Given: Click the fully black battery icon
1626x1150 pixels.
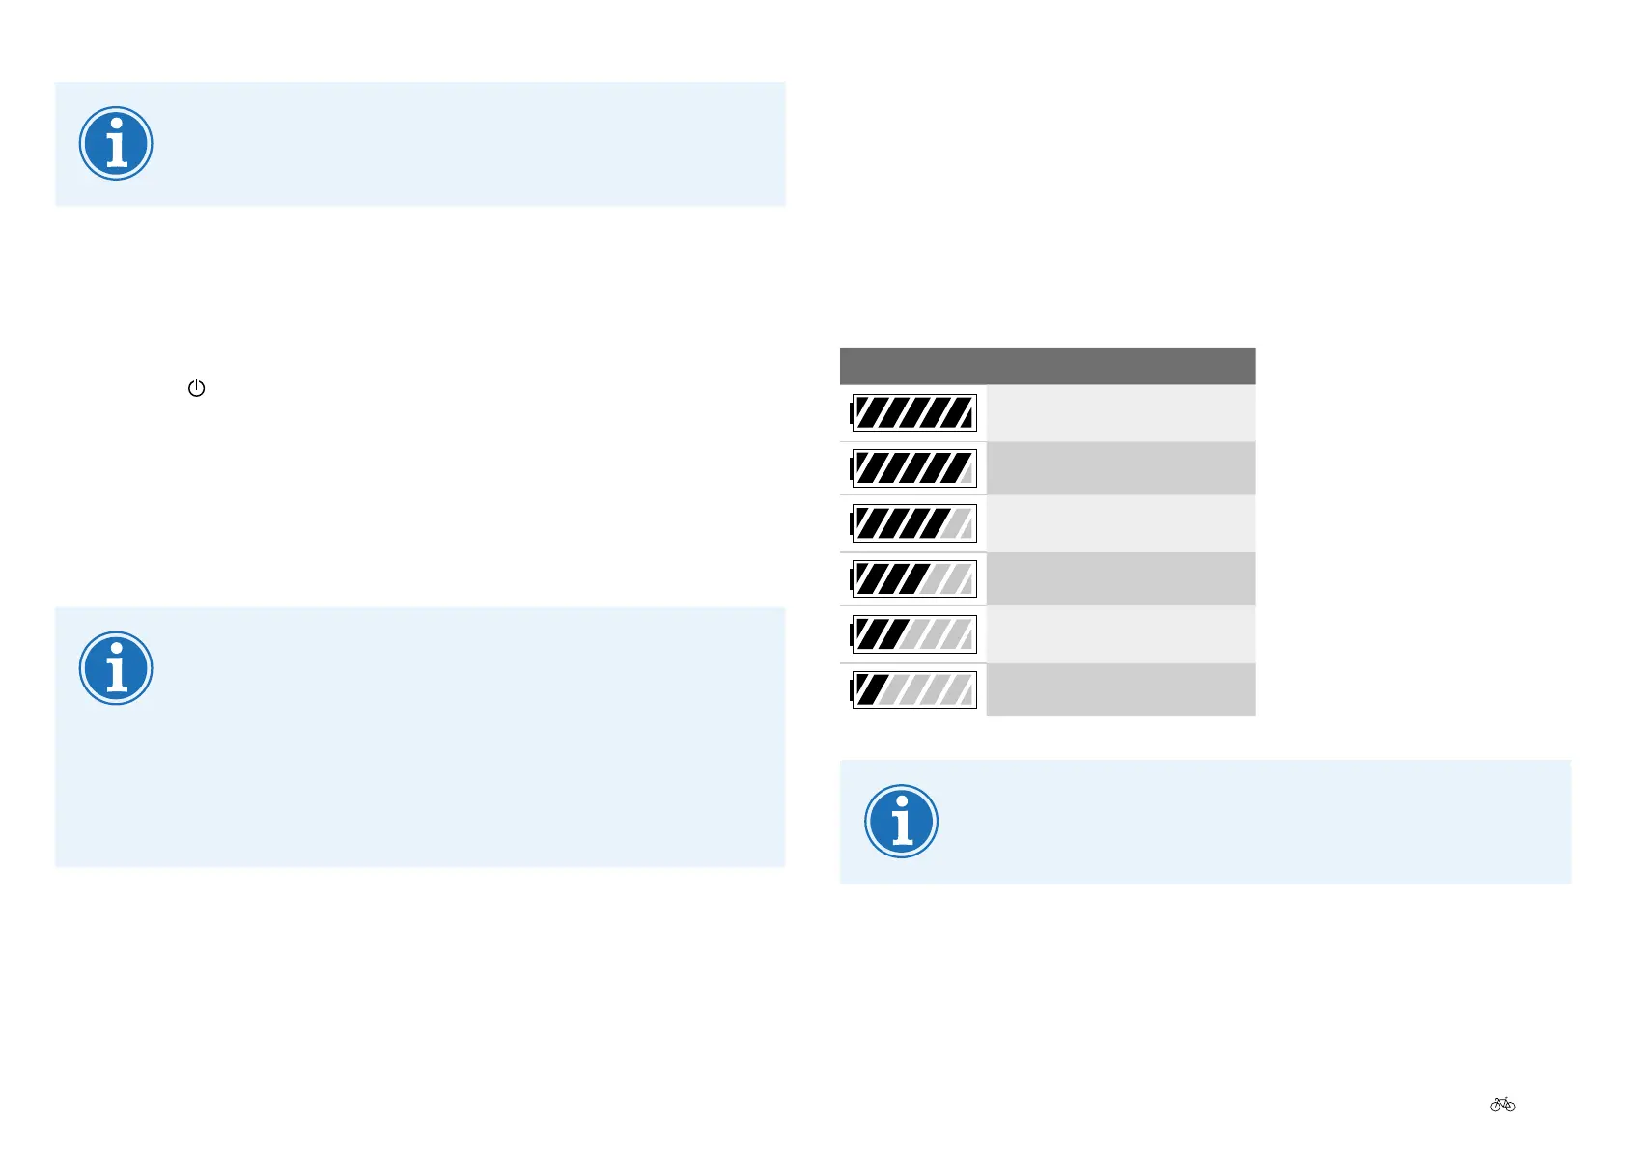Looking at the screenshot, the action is point(913,413).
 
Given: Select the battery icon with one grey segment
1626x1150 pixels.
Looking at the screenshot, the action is point(913,468).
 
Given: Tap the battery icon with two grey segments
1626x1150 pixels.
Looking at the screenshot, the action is point(913,523).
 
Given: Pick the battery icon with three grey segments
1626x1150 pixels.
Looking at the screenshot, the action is point(913,579).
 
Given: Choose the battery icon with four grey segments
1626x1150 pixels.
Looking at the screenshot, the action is point(913,634).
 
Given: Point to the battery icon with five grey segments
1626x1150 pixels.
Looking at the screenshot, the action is point(913,689).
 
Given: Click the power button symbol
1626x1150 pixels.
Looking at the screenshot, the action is point(196,388).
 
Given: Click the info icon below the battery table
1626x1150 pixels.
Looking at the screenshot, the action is point(901,822).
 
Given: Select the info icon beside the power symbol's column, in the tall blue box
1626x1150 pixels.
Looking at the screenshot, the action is point(116,668).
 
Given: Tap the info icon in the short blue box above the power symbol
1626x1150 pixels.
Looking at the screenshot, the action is point(116,144).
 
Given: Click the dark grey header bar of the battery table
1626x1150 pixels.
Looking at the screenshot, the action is point(1048,366).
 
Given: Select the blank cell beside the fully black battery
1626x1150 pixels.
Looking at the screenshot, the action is point(1120,413).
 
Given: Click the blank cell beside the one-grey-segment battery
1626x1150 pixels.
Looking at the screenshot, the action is point(1120,468).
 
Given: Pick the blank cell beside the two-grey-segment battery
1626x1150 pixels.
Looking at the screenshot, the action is point(1120,523).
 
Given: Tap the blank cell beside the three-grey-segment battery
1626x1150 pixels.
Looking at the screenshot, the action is point(1120,579).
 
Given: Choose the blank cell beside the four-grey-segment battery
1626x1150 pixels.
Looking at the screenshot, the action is point(1120,634).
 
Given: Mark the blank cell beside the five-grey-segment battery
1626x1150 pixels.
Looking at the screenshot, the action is point(1120,689).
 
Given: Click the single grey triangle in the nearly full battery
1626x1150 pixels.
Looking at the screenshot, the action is point(967,475).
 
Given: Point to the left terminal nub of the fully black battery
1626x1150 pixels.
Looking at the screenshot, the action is point(851,413).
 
